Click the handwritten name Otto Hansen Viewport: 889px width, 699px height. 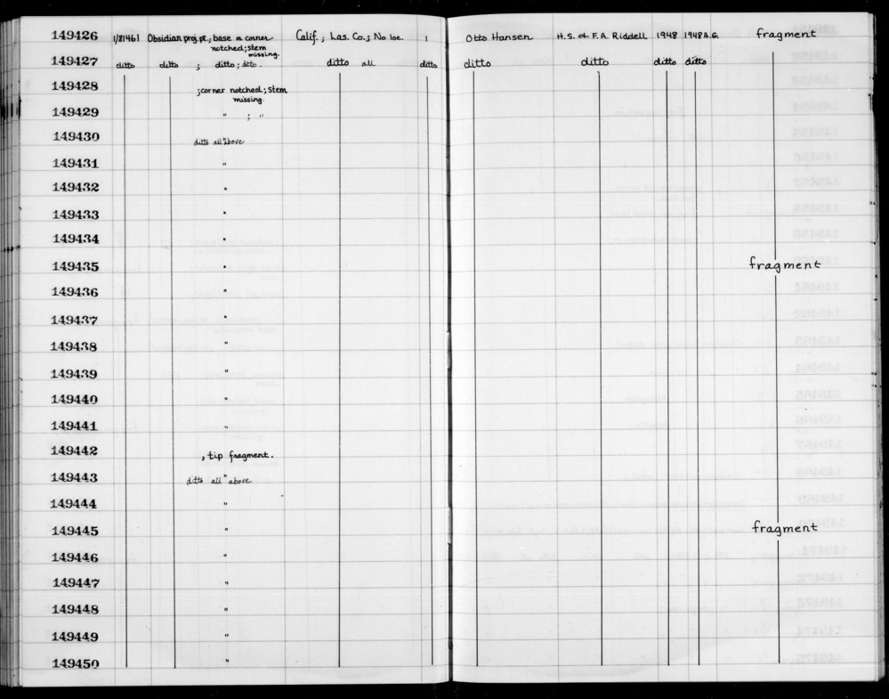pos(498,37)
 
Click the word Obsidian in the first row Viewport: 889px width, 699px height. pos(166,37)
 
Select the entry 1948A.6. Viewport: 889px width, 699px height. pos(701,36)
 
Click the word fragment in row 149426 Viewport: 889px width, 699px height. pos(785,35)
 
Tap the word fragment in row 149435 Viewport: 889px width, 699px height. pos(782,264)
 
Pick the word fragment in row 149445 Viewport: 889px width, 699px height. pos(784,527)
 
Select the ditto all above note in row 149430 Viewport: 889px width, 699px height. pos(219,142)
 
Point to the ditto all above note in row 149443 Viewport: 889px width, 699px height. pos(218,481)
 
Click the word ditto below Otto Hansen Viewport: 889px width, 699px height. pos(477,63)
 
